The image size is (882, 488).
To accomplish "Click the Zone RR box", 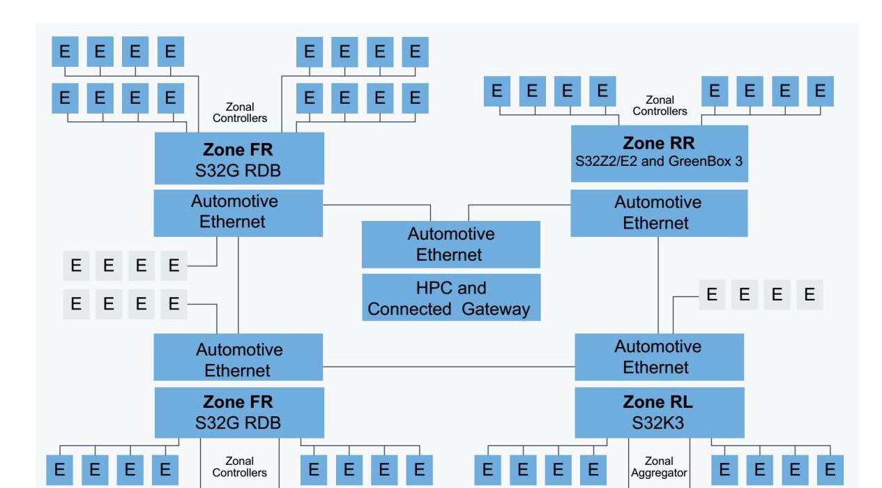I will coord(659,153).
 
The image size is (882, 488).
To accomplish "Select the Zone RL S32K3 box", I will coord(659,412).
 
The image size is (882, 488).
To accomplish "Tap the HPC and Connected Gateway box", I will coord(451,298).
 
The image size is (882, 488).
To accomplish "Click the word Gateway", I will coord(496,309).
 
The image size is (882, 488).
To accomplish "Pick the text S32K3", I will coord(659,422).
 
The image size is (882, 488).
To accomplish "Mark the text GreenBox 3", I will coord(706,161).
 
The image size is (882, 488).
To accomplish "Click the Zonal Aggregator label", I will coord(659,467).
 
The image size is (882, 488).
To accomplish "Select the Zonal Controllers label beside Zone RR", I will coord(660,105).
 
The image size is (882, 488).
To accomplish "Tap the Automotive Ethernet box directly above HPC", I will coord(451,244).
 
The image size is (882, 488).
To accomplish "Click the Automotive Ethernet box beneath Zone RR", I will coord(659,213).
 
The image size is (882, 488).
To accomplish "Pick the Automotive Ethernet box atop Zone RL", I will coord(659,357).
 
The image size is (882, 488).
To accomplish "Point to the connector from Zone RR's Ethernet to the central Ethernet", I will coord(519,205).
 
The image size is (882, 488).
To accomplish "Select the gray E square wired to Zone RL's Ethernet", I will coord(711,295).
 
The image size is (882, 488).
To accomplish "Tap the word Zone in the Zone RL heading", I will coord(640,402).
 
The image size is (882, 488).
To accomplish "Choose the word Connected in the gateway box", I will coord(410,309).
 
